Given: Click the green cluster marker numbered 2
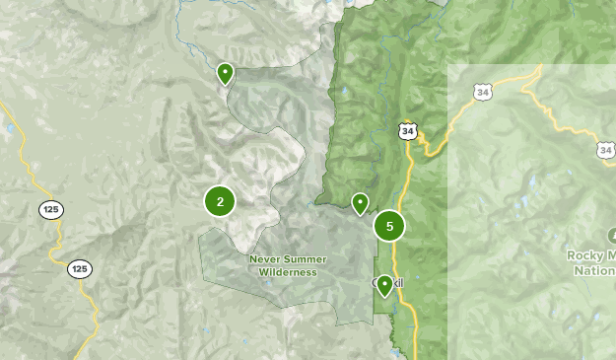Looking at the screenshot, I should (x=220, y=201).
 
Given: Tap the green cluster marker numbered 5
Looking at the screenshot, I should (x=389, y=227).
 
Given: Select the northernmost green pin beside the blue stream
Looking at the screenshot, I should (x=225, y=73).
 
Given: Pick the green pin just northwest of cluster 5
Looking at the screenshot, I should (x=361, y=203).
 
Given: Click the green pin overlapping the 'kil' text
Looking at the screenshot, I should (x=383, y=286).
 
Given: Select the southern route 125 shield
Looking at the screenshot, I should (x=80, y=268).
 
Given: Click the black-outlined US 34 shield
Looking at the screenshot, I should (x=408, y=130).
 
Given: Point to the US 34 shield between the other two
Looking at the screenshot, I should (x=482, y=93).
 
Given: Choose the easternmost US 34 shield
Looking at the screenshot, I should (x=604, y=149).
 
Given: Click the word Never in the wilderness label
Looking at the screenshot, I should (x=266, y=259).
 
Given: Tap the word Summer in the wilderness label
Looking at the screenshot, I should (x=306, y=259).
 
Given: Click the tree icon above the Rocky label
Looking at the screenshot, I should (x=612, y=235).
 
